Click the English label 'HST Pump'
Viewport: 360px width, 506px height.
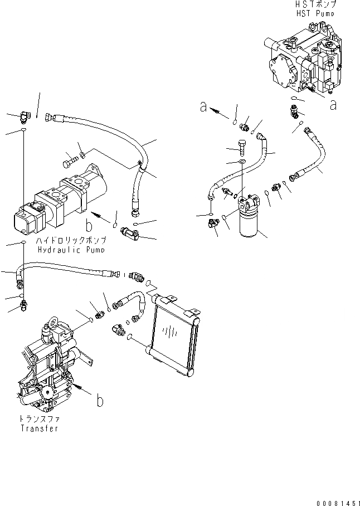click(x=317, y=13)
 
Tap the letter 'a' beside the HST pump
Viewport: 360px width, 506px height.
click(x=333, y=104)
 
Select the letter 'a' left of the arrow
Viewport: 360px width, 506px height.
click(x=205, y=108)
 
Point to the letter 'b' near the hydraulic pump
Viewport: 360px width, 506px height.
click(x=89, y=225)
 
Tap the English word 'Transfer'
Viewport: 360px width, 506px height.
click(x=40, y=429)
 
